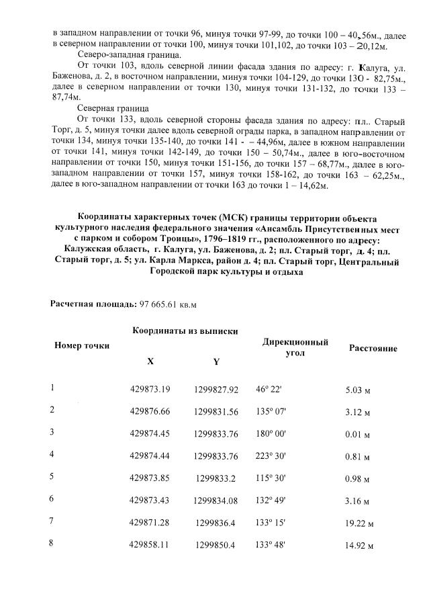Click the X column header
pyautogui.click(x=150, y=361)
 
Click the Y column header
pyautogui.click(x=216, y=361)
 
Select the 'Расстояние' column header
pyautogui.click(x=373, y=349)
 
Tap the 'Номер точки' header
pyautogui.click(x=81, y=345)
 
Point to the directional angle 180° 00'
pyautogui.click(x=270, y=433)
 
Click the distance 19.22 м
pyautogui.click(x=359, y=523)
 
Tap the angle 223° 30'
pyautogui.click(x=270, y=455)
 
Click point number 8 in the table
pyautogui.click(x=52, y=543)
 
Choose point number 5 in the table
pyautogui.click(x=52, y=476)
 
